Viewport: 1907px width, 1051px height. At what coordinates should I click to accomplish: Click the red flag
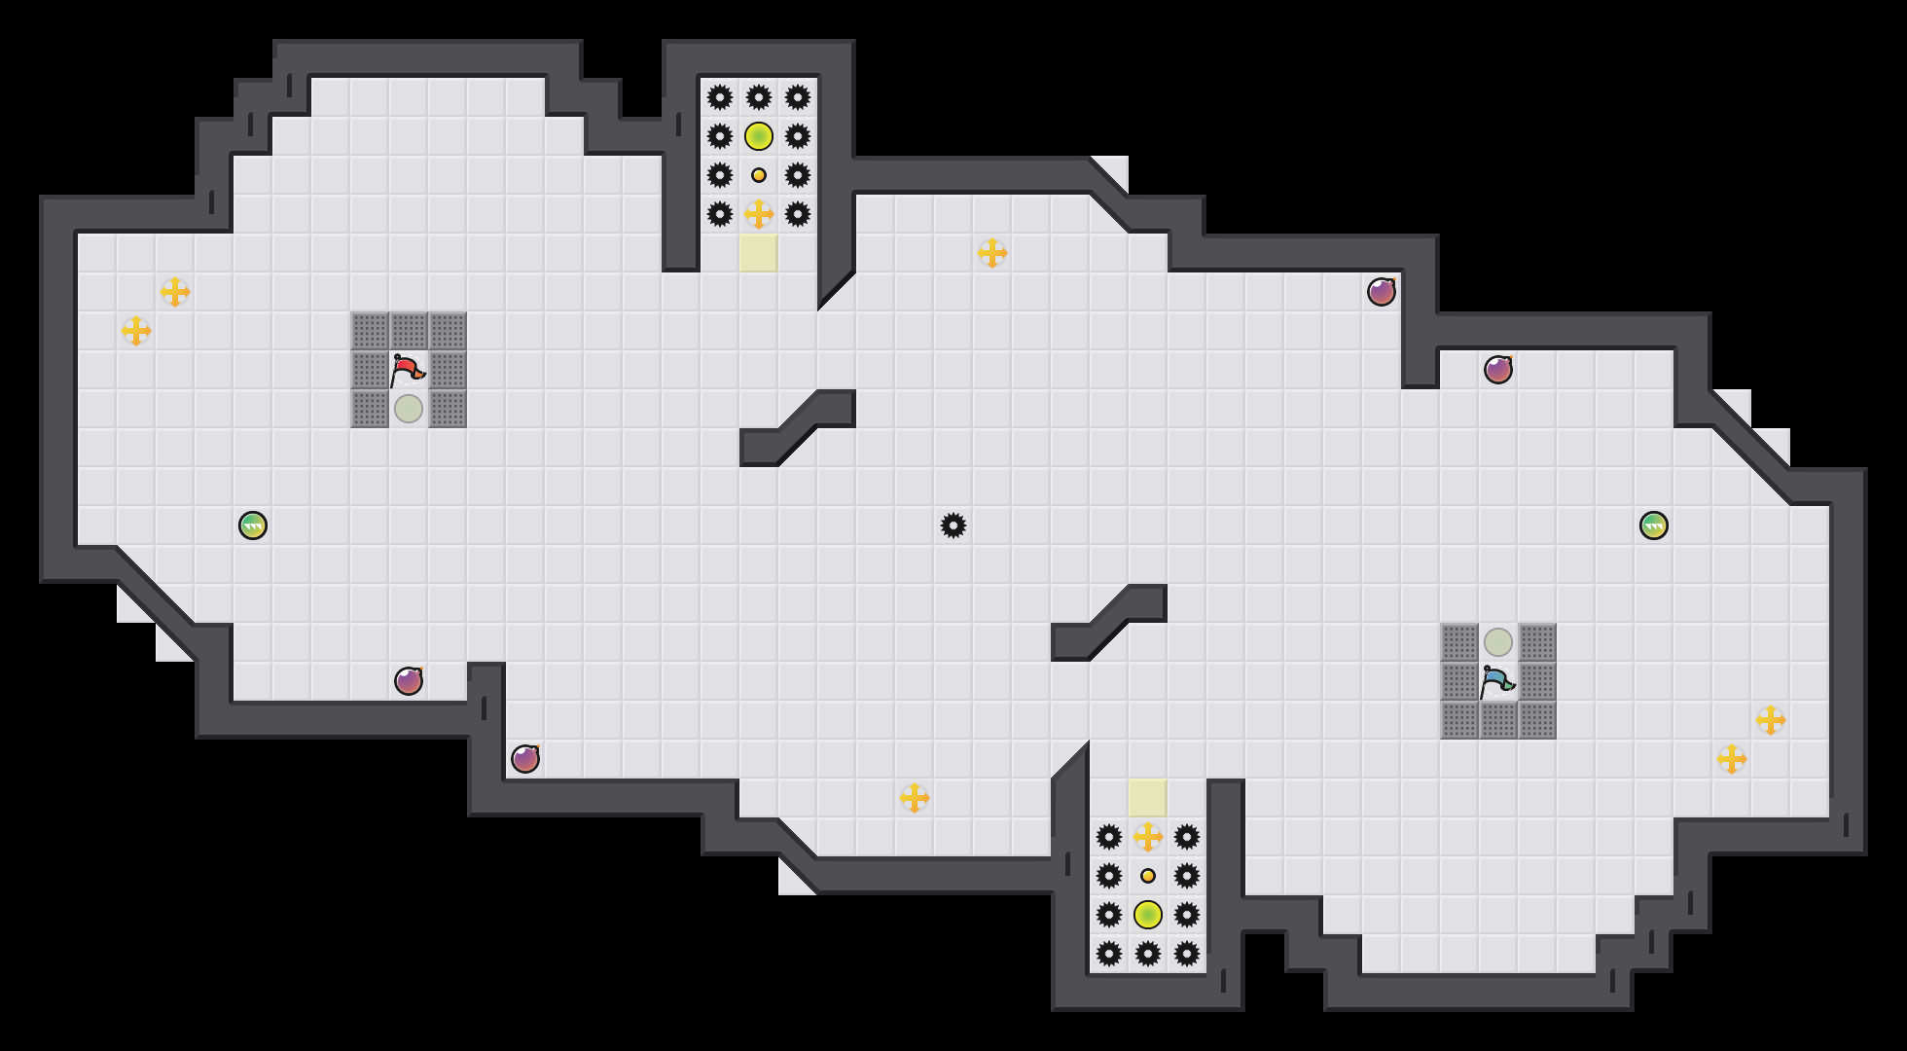(407, 370)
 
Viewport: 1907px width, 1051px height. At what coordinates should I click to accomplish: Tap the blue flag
(1496, 681)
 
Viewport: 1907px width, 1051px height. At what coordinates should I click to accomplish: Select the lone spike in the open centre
(953, 525)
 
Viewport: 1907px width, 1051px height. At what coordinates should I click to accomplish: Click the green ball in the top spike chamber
(759, 136)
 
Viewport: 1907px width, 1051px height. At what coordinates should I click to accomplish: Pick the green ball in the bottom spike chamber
(1148, 915)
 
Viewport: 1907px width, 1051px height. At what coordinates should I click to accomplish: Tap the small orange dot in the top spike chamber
(759, 175)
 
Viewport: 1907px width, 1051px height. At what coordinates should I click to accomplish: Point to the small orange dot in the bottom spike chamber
(1148, 876)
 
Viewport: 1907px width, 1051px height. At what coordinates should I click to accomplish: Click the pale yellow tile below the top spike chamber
(759, 253)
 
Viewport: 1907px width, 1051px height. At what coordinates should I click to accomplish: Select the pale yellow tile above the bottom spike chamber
(1148, 798)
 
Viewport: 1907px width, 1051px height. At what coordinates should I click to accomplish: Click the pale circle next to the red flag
(409, 409)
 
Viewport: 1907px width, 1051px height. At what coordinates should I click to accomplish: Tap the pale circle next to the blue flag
(1498, 642)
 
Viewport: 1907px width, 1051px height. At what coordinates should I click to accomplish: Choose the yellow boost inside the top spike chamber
(759, 214)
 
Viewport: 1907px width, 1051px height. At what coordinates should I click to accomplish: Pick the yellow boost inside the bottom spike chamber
(1148, 837)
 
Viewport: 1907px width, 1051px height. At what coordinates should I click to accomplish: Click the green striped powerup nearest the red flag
(253, 525)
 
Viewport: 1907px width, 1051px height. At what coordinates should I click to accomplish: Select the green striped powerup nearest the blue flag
(1654, 525)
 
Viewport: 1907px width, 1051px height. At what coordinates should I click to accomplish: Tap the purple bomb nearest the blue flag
(1498, 370)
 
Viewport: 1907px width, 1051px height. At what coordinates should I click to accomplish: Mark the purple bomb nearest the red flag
(409, 681)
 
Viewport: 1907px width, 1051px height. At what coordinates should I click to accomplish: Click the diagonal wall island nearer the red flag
(798, 428)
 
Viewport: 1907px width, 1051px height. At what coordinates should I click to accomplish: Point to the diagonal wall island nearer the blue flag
(1109, 623)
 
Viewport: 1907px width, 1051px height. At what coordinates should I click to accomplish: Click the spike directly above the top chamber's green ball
(759, 97)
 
